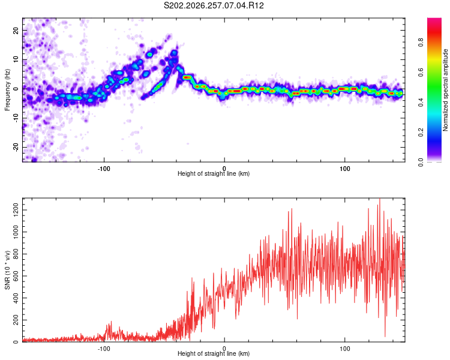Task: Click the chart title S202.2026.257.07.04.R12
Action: click(x=214, y=5)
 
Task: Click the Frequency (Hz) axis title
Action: click(x=7, y=90)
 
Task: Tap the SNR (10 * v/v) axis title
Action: click(x=7, y=270)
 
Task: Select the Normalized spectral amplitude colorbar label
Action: click(x=445, y=90)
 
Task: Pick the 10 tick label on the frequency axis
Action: click(x=16, y=59)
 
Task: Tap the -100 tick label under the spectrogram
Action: click(x=104, y=169)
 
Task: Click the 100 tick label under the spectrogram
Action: click(x=344, y=169)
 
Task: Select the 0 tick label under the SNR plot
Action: click(x=224, y=349)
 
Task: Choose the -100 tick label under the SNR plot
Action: click(x=104, y=349)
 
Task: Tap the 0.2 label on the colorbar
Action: click(x=421, y=132)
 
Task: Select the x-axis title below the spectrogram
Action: click(x=214, y=173)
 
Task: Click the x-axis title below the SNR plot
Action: click(x=214, y=353)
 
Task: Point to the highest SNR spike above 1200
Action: click(x=380, y=199)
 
